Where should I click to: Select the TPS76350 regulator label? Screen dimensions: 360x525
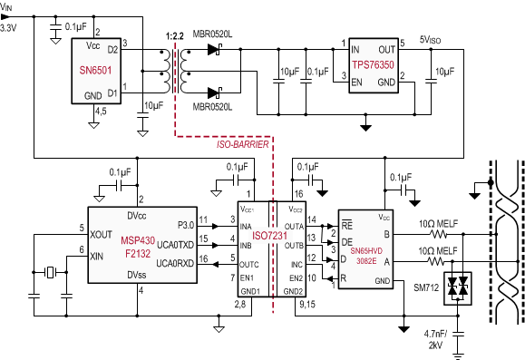tap(374, 64)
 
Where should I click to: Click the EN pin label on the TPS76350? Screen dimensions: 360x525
tap(356, 83)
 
